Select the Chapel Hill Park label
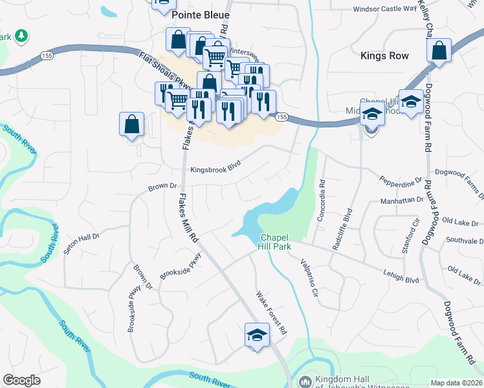pos(275,241)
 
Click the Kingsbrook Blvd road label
pos(215,170)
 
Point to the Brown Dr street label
pos(162,186)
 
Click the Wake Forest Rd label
pos(271,312)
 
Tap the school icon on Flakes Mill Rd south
pos(258,336)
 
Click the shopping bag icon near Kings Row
pos(439,50)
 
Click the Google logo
pos(21,380)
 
